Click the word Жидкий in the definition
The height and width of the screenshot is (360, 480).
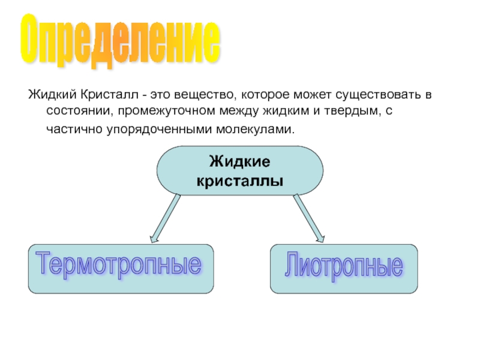click(x=49, y=95)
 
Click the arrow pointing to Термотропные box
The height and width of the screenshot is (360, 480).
click(x=164, y=219)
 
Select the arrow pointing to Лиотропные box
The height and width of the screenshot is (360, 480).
click(x=310, y=219)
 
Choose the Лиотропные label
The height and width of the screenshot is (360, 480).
click(x=343, y=266)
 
